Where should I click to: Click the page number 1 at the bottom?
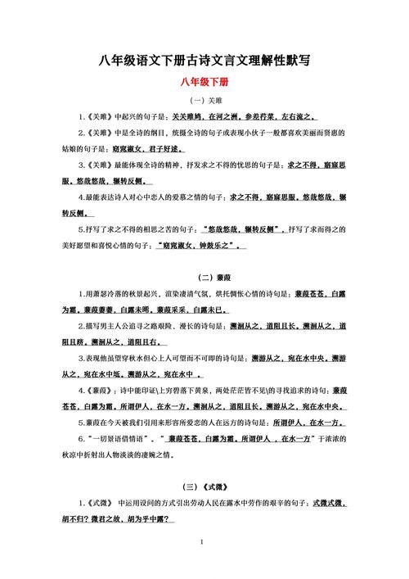[x=203, y=543]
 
